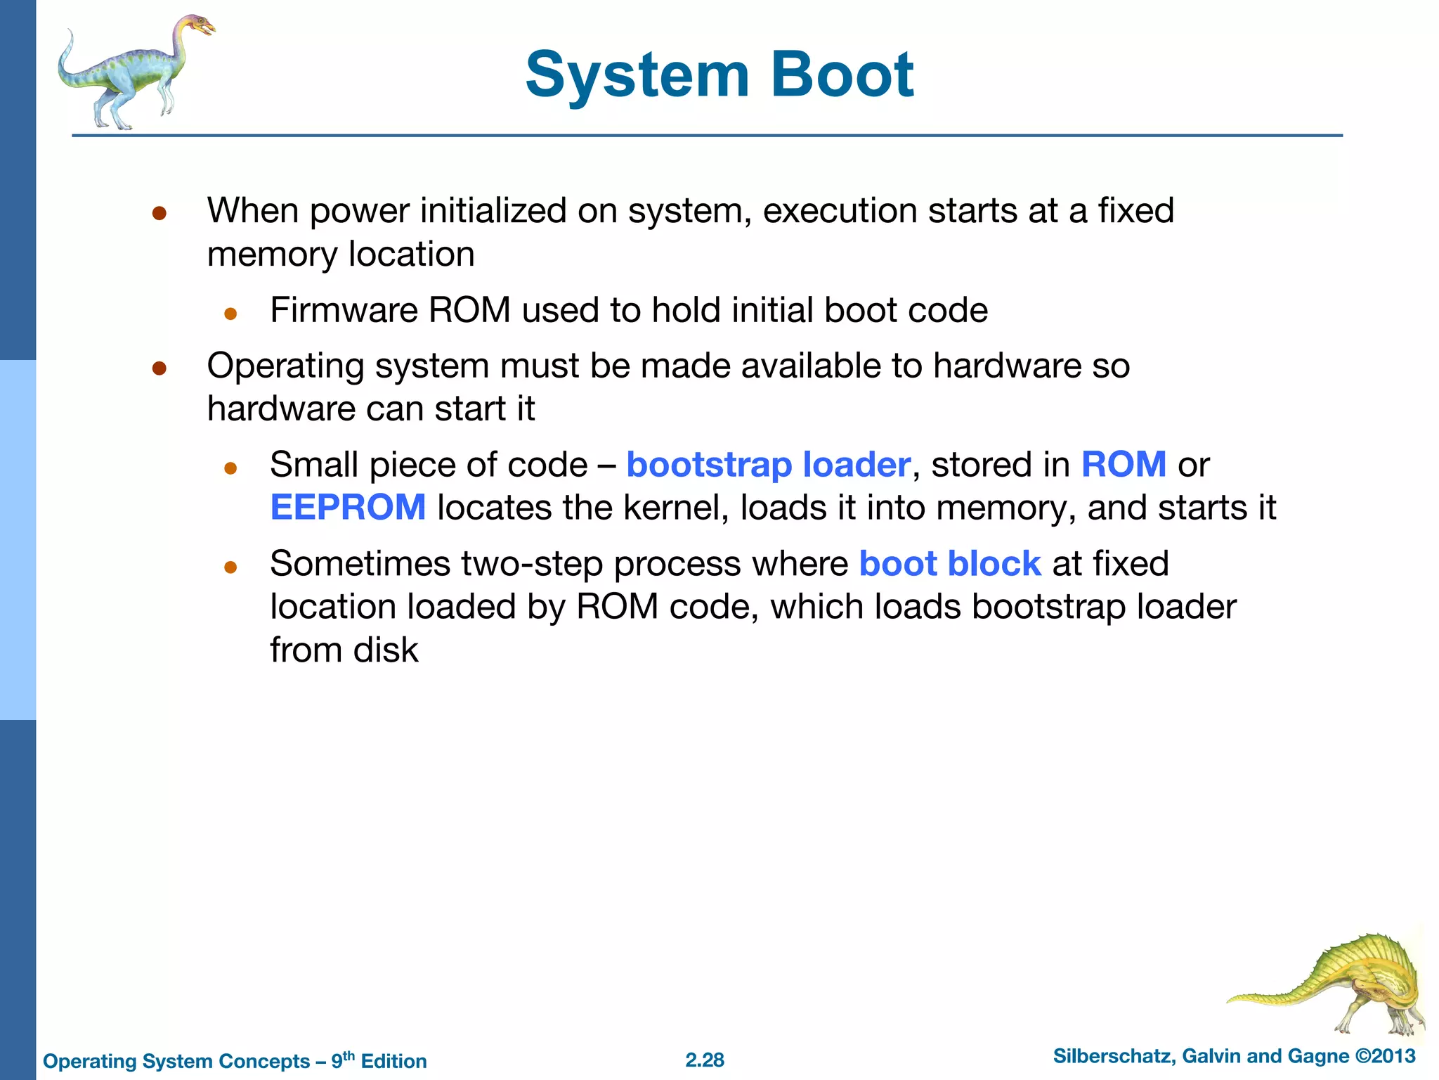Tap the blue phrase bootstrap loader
pos(768,465)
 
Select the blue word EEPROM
pos(348,508)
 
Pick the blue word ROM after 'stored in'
pos(1124,465)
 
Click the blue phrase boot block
pos(949,564)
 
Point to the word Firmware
pos(344,310)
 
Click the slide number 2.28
pos(704,1060)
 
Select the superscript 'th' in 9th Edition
pos(349,1055)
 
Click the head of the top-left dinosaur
pos(200,27)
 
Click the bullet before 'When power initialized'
pos(159,213)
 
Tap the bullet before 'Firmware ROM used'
pos(230,314)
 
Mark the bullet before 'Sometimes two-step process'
pos(230,567)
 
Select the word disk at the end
pos(385,650)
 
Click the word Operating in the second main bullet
pos(285,366)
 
